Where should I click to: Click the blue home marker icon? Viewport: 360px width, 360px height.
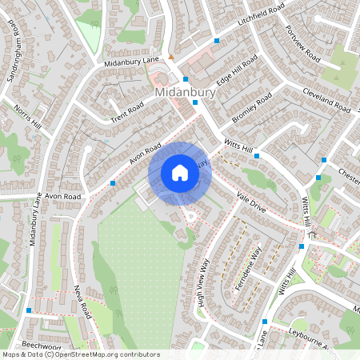coord(180,173)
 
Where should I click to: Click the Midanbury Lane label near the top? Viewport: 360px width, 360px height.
coord(133,62)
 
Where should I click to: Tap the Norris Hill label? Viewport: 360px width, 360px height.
coord(30,121)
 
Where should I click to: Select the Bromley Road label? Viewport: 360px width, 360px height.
coord(252,108)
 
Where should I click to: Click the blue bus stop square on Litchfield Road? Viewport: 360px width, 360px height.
coord(217,40)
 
